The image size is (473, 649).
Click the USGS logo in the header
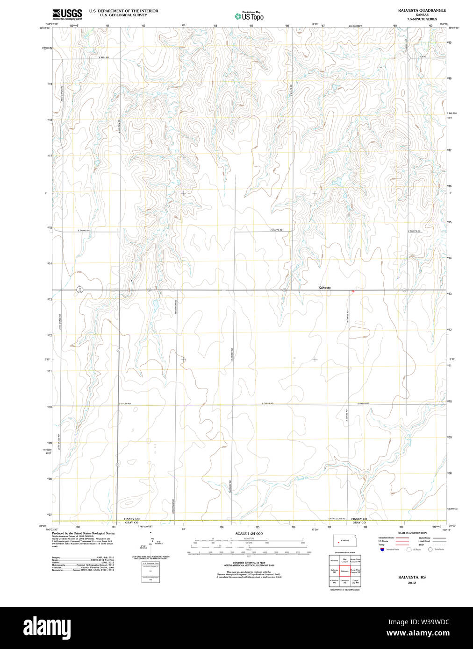[67, 14]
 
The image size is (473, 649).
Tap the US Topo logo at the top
[249, 16]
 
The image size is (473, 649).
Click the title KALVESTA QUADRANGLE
[422, 10]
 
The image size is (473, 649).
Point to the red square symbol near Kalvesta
[352, 291]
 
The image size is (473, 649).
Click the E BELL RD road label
[104, 57]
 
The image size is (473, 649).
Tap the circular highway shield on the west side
[80, 289]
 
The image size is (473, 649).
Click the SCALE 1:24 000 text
[249, 534]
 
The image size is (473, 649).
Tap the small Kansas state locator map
[344, 541]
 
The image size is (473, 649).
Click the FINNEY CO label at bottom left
[132, 519]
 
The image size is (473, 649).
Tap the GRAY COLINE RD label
[337, 519]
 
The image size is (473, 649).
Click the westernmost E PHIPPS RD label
[84, 231]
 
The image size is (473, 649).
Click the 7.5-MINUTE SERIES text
[422, 19]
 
